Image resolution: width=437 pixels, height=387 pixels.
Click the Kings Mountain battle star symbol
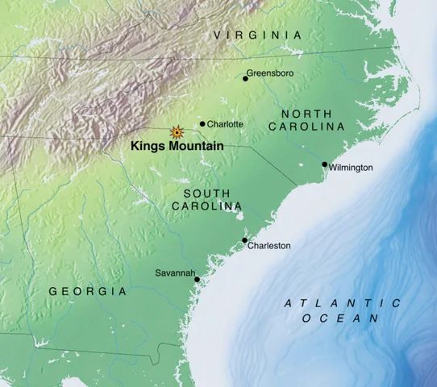(x=175, y=131)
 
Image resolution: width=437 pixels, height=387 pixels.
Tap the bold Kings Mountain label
(x=177, y=148)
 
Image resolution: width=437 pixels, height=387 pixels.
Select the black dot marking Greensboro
(x=245, y=78)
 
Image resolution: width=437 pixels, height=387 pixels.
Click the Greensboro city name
(x=270, y=73)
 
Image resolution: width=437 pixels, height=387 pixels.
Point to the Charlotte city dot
(x=202, y=124)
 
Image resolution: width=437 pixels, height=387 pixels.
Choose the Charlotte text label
(x=225, y=124)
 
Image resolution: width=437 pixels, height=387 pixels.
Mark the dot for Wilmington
(x=324, y=164)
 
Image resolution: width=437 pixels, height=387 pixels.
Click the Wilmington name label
(x=351, y=168)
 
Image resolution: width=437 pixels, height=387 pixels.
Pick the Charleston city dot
(x=244, y=240)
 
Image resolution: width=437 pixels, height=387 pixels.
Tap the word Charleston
(x=268, y=246)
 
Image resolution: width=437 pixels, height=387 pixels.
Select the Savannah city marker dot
(x=198, y=279)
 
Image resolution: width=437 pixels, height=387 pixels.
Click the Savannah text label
(x=175, y=273)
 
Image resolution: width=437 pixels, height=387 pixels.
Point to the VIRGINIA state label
(x=258, y=35)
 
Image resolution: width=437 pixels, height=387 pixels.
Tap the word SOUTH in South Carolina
(x=206, y=193)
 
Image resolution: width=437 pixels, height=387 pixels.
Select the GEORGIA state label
(x=88, y=291)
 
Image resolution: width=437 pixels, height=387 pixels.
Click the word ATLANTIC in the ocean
(x=343, y=303)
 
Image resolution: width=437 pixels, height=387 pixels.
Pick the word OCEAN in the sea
(x=341, y=319)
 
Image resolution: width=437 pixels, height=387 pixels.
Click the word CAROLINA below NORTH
(x=306, y=127)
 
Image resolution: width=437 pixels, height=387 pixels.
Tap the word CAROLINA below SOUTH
(x=206, y=207)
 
